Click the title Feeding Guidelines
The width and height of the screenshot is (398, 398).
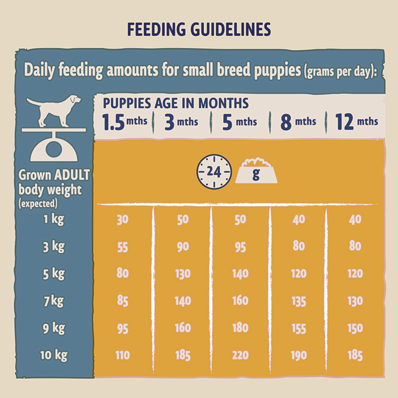199,30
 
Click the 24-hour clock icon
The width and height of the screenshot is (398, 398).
214,172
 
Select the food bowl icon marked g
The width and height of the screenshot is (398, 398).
256,172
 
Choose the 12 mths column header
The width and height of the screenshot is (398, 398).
356,122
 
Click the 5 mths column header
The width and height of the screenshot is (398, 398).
239,122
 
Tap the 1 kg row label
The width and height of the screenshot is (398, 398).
53,219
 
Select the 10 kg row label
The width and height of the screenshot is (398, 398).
54,355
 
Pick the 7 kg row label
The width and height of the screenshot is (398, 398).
53,301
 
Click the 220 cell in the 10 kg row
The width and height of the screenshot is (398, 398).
240,355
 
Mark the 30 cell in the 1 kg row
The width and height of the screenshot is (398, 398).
122,220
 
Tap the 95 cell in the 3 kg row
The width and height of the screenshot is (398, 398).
240,247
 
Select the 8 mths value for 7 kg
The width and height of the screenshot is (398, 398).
298,301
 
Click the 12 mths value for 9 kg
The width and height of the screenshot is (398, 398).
355,328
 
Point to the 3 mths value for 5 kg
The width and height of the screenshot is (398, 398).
183,274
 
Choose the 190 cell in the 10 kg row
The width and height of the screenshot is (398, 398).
298,355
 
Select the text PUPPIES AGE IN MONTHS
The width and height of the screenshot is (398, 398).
175,104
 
